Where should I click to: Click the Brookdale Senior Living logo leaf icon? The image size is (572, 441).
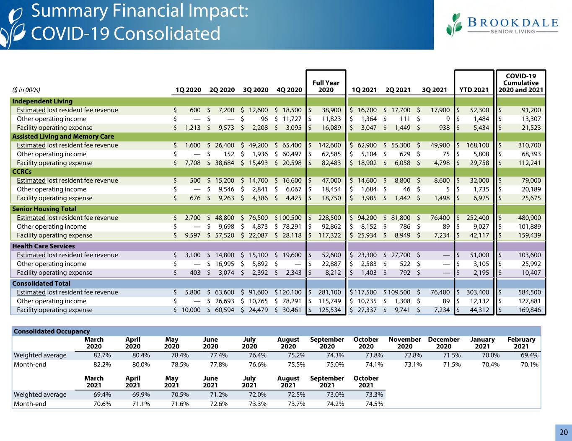tap(454, 25)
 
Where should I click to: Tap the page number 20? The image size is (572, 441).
tap(564, 432)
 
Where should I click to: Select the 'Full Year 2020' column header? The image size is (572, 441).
tap(326, 86)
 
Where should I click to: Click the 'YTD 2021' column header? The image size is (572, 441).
tap(474, 90)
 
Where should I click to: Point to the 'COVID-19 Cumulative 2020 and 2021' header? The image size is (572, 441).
tap(521, 83)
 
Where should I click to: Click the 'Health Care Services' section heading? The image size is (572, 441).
tap(44, 246)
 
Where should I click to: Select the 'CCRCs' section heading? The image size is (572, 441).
tap(22, 171)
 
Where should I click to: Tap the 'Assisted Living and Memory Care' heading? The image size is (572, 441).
tap(63, 137)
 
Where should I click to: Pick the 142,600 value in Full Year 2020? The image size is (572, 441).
tap(329, 145)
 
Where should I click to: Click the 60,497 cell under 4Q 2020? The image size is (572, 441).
tap(292, 154)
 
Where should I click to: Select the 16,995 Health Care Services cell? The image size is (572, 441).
tap(225, 264)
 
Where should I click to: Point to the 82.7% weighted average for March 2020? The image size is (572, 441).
tap(102, 355)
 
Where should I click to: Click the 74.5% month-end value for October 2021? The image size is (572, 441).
tap(374, 404)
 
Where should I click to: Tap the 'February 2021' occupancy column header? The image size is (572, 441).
tap(521, 343)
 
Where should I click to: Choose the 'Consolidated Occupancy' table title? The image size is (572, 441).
tap(52, 331)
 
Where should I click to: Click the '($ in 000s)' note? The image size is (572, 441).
tap(26, 90)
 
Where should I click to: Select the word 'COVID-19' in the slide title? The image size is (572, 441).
tap(70, 34)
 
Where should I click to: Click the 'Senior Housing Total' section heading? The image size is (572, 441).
tap(44, 209)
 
